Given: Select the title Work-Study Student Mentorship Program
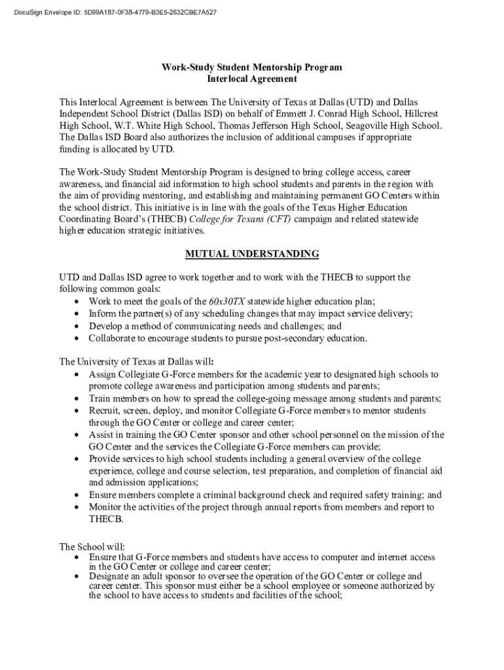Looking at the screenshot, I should tap(252, 67).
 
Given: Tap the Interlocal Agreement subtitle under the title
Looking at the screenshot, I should tap(252, 79).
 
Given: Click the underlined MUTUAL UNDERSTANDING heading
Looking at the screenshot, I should tap(252, 254).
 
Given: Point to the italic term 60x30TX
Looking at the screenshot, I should tap(226, 302).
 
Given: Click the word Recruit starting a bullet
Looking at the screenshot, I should tap(104, 411).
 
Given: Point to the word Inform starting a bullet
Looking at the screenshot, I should tap(102, 314).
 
